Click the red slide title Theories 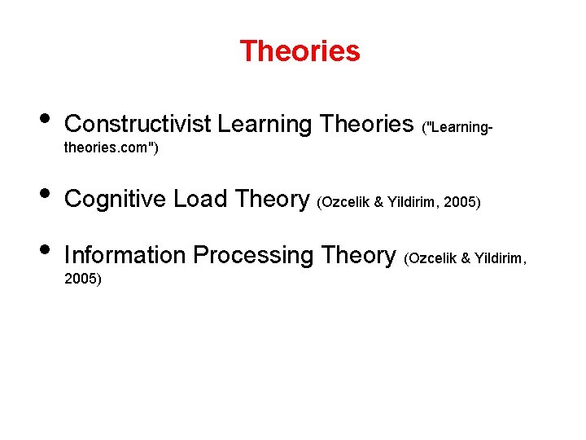coord(300,51)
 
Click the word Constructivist coord(138,124)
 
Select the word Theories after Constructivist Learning coord(367,124)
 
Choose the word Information coord(125,256)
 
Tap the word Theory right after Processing coord(358,256)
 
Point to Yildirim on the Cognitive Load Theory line coord(413,201)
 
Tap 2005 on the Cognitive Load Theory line coord(461,201)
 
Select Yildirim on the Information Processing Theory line coord(501,258)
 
